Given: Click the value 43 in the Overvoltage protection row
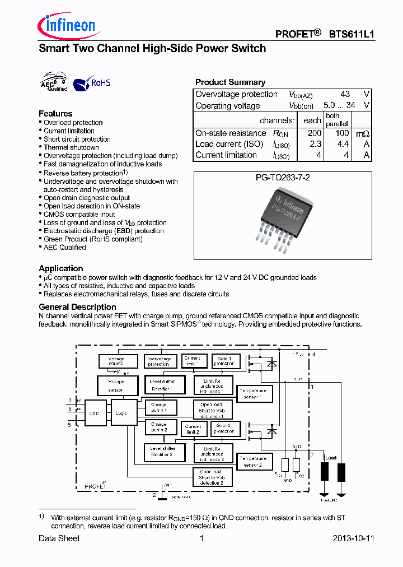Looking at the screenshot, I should [345, 94].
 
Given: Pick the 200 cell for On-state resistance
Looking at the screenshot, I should [314, 133].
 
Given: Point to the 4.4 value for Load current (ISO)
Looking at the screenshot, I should [341, 144].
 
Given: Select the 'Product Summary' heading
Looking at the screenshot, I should [230, 82].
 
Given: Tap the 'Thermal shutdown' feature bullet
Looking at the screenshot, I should [71, 147].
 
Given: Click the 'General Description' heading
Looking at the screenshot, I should [77, 307].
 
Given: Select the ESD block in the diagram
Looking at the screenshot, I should [93, 413].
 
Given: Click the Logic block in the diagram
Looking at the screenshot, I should [121, 413].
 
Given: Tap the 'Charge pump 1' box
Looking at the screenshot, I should [159, 407].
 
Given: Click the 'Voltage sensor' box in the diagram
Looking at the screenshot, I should [116, 385].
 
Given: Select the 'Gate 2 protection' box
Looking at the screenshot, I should [224, 429].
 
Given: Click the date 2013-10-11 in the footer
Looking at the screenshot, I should [353, 538].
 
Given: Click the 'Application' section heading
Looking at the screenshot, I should [61, 268].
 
